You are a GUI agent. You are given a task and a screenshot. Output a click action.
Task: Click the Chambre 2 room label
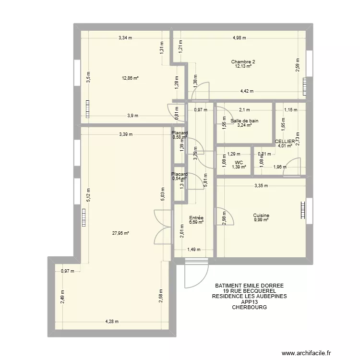click(x=243, y=61)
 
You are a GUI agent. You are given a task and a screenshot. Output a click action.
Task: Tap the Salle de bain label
click(x=244, y=121)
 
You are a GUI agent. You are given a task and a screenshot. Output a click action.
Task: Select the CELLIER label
click(x=285, y=142)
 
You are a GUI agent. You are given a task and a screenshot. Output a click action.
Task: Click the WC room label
click(x=239, y=162)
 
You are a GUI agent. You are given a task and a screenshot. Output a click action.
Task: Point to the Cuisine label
click(x=261, y=216)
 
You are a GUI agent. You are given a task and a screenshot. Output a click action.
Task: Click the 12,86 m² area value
click(x=131, y=78)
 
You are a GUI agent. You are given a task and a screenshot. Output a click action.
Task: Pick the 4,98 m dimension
click(x=239, y=38)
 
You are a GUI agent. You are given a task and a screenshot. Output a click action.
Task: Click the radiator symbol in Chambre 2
click(x=304, y=87)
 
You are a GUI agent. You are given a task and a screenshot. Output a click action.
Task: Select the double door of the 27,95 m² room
click(x=163, y=228)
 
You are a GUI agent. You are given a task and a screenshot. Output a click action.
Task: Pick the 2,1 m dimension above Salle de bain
click(x=244, y=110)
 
